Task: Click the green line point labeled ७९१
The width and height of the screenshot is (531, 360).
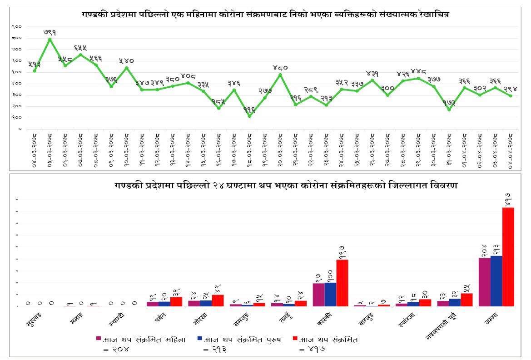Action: (x=50, y=39)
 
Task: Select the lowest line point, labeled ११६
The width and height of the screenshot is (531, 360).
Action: (x=249, y=116)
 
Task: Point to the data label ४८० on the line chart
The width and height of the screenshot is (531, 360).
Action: (x=280, y=68)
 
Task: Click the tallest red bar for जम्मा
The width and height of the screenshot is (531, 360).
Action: (x=508, y=256)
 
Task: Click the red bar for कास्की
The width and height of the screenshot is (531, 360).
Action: (x=342, y=283)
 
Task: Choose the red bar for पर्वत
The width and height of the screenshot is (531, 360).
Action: (x=176, y=301)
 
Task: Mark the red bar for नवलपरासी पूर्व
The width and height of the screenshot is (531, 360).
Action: (x=467, y=300)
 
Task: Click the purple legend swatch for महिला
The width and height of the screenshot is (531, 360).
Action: (x=98, y=339)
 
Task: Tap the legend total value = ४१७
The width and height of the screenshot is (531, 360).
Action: (x=314, y=349)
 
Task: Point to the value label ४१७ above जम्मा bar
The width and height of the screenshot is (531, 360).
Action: (x=508, y=199)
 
